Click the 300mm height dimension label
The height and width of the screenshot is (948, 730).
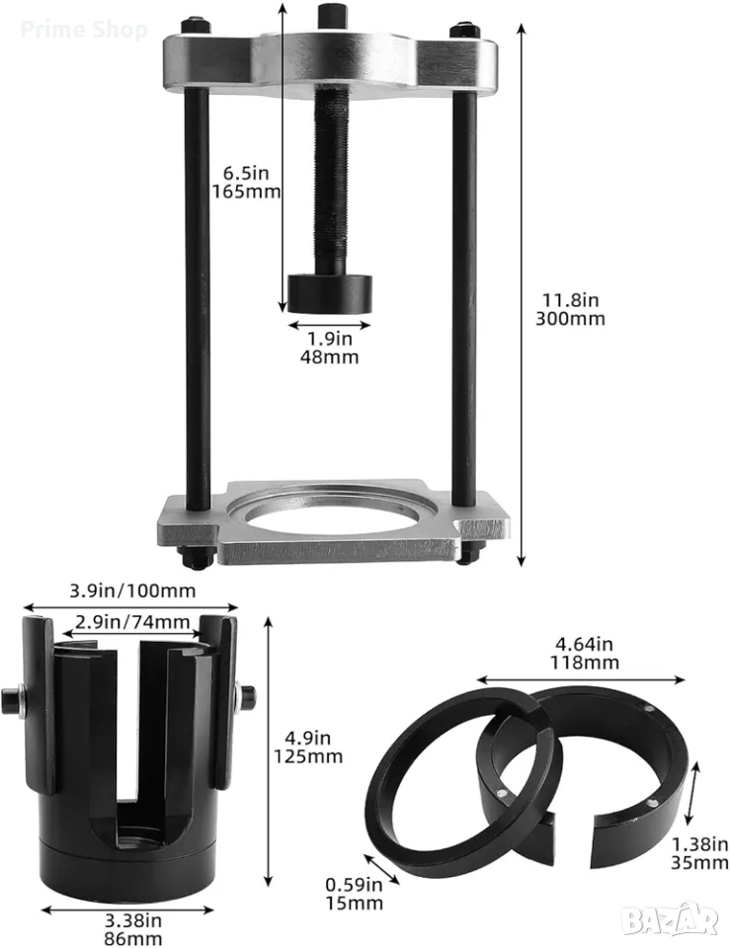click(x=570, y=309)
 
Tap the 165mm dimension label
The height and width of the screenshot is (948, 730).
click(x=246, y=183)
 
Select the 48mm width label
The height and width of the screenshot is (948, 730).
click(x=330, y=348)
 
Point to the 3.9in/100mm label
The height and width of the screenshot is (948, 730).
click(x=132, y=591)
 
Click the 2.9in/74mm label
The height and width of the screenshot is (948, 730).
click(x=132, y=621)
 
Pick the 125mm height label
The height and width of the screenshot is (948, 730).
click(x=308, y=748)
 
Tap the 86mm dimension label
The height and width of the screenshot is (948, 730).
click(x=133, y=930)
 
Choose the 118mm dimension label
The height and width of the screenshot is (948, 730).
click(x=584, y=654)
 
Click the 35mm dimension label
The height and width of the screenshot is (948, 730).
click(x=699, y=853)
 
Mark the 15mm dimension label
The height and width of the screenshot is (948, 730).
click(x=355, y=895)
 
